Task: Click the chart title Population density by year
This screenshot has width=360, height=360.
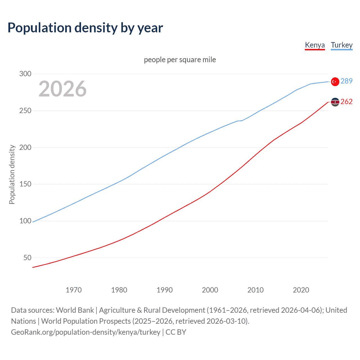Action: pyautogui.click(x=85, y=28)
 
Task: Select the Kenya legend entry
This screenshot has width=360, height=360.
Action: pyautogui.click(x=315, y=45)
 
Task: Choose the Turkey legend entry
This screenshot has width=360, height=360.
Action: pyautogui.click(x=341, y=45)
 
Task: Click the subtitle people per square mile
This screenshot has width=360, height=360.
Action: pyautogui.click(x=180, y=60)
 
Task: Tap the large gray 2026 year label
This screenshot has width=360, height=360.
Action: pyautogui.click(x=62, y=89)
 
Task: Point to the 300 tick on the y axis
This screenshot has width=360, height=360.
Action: pyautogui.click(x=25, y=74)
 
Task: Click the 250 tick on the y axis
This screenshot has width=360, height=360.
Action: pyautogui.click(x=25, y=111)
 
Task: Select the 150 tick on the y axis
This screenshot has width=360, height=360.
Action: pyautogui.click(x=25, y=184)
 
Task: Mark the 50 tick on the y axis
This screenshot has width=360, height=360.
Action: pyautogui.click(x=27, y=258)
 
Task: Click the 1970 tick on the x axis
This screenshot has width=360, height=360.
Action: pyautogui.click(x=74, y=290)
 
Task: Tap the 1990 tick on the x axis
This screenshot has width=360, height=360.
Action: pyautogui.click(x=165, y=290)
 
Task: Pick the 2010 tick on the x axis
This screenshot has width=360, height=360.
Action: pyautogui.click(x=255, y=290)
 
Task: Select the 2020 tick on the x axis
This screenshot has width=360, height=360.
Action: pyautogui.click(x=301, y=290)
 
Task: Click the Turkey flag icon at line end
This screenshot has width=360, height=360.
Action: pyautogui.click(x=335, y=82)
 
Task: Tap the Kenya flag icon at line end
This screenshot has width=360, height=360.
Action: pyautogui.click(x=335, y=102)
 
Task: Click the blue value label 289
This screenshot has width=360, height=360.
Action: pyautogui.click(x=346, y=81)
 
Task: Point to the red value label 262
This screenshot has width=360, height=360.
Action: pyautogui.click(x=346, y=102)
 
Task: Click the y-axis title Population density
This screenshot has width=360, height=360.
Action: pyautogui.click(x=12, y=174)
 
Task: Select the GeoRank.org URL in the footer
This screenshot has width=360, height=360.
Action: pyautogui.click(x=85, y=332)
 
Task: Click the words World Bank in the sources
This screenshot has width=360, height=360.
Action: pyautogui.click(x=75, y=310)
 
